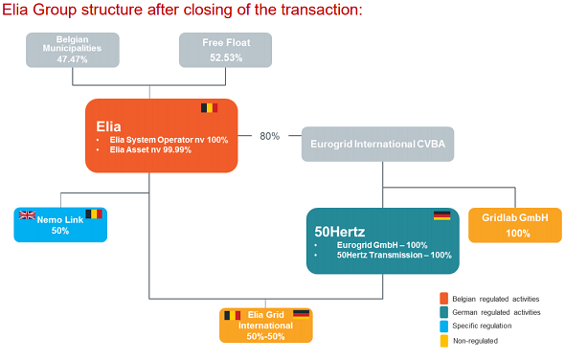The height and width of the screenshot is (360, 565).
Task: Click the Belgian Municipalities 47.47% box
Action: coord(73,51)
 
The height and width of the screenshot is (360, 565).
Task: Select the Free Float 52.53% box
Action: coord(225,51)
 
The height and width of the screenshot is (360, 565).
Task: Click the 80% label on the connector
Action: coord(269,136)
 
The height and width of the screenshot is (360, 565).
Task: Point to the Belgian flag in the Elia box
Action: coord(210,108)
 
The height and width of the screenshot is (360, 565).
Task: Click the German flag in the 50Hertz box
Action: coord(441,215)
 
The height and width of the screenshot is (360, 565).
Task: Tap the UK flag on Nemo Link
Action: coord(28,215)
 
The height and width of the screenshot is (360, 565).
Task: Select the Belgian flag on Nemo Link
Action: coord(94,215)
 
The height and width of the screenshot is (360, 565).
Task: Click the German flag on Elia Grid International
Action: coord(301,314)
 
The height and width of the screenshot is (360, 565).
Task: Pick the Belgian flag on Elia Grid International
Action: coord(232,314)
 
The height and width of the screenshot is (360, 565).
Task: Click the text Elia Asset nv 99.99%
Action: coord(155,150)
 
